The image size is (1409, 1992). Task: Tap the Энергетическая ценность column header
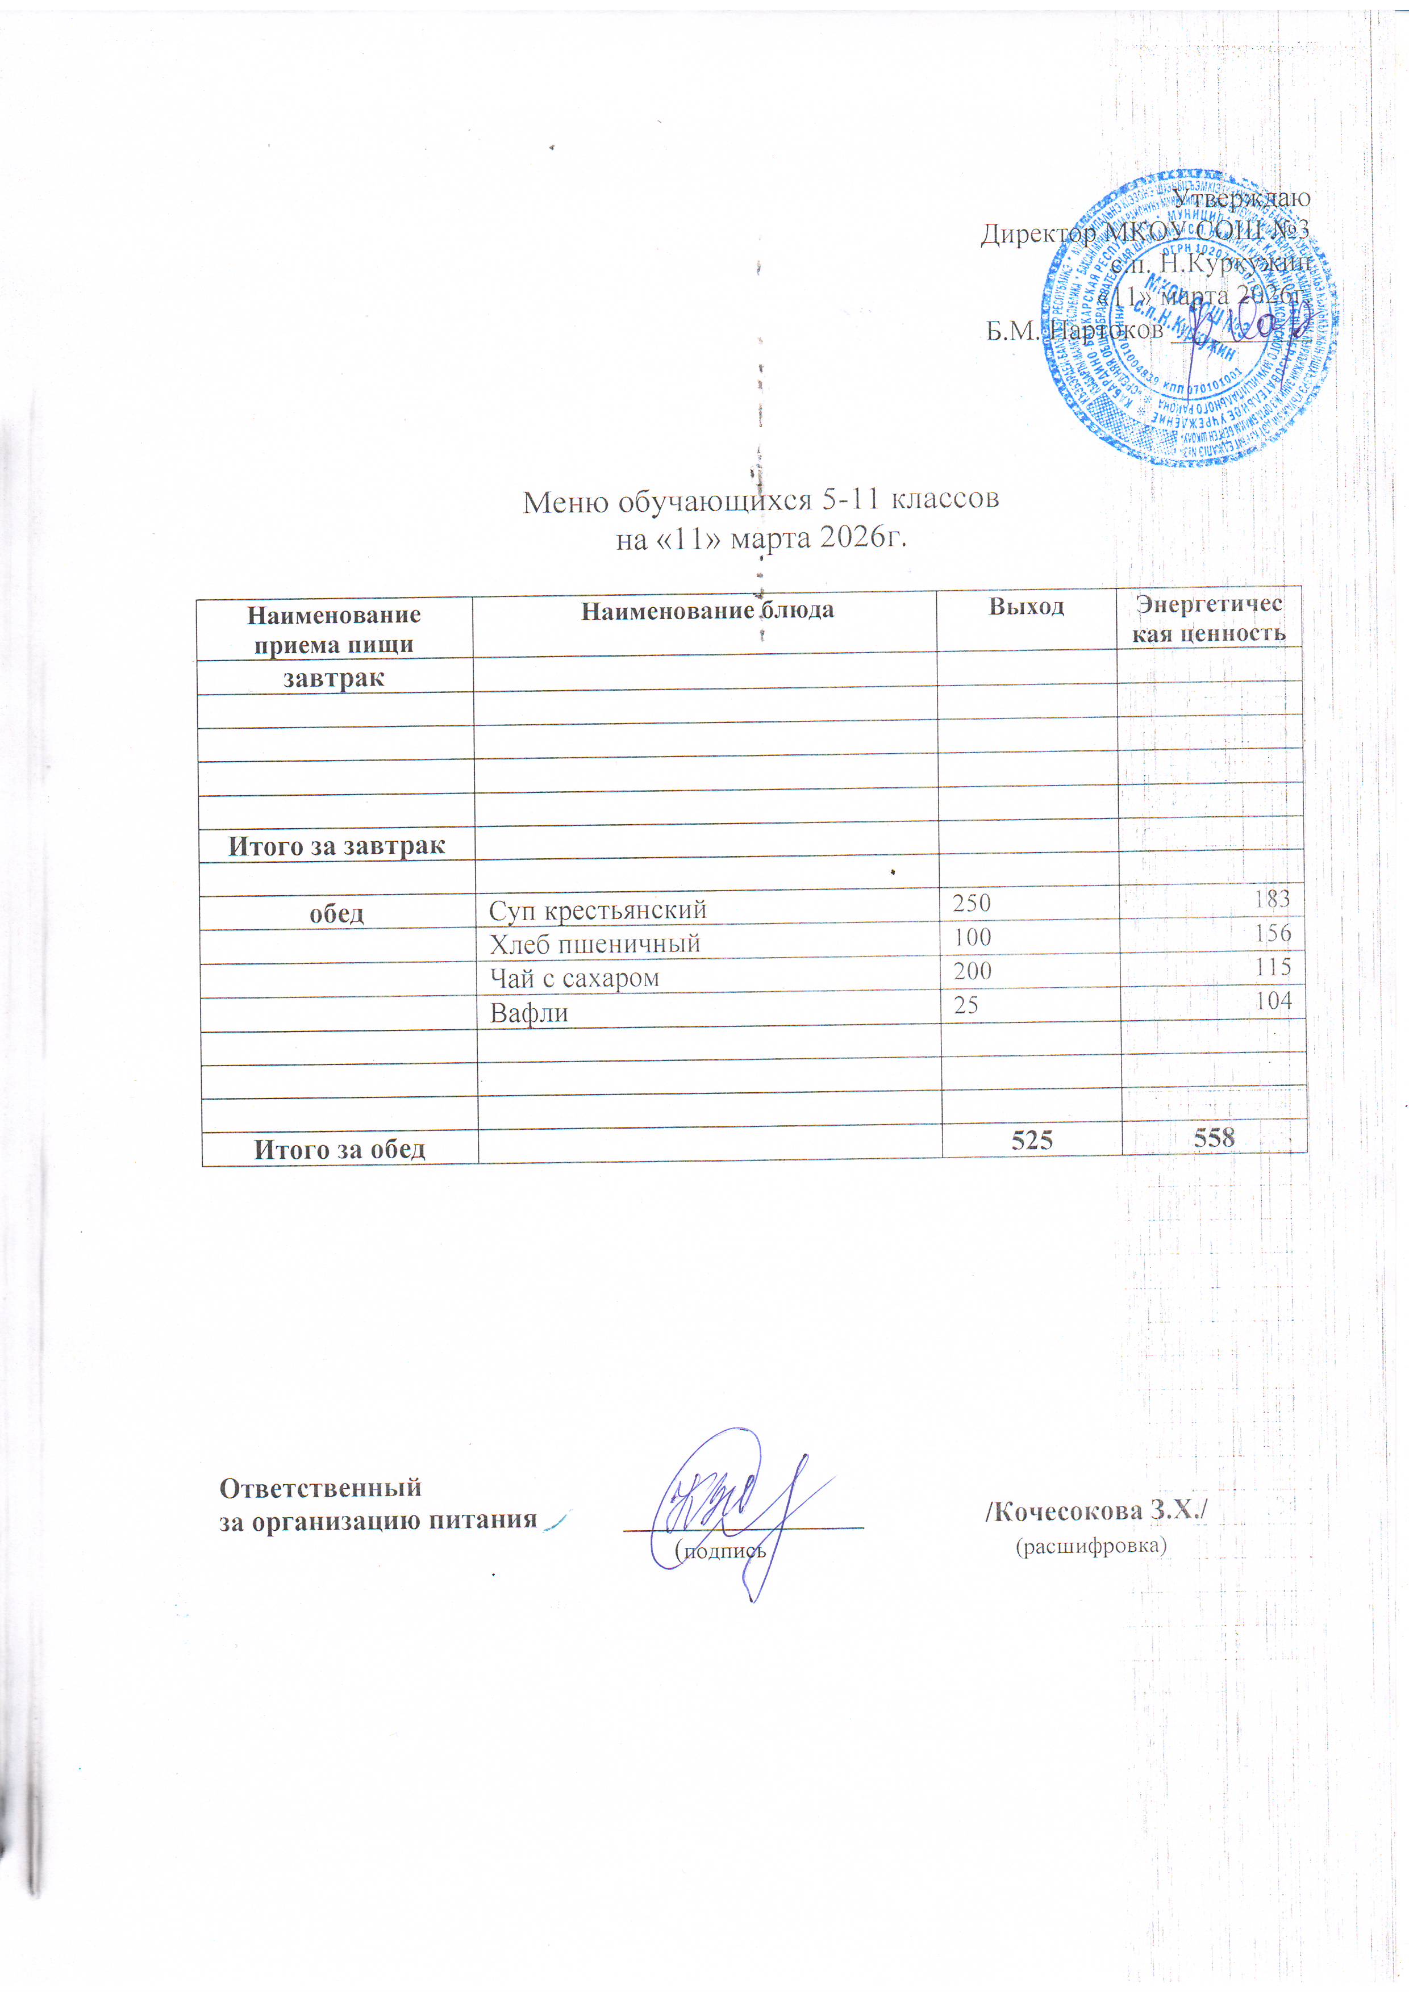coord(1208,618)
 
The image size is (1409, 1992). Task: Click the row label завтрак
coord(334,678)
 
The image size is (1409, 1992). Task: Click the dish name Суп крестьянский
coord(598,909)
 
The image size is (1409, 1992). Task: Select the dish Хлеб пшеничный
coord(594,944)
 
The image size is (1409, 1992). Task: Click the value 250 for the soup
coord(972,903)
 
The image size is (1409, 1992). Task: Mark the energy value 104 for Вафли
coord(1274,1001)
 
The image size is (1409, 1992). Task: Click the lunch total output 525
coord(1032,1139)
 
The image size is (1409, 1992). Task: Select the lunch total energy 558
coord(1214,1137)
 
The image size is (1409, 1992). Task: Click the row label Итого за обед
coord(339,1150)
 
